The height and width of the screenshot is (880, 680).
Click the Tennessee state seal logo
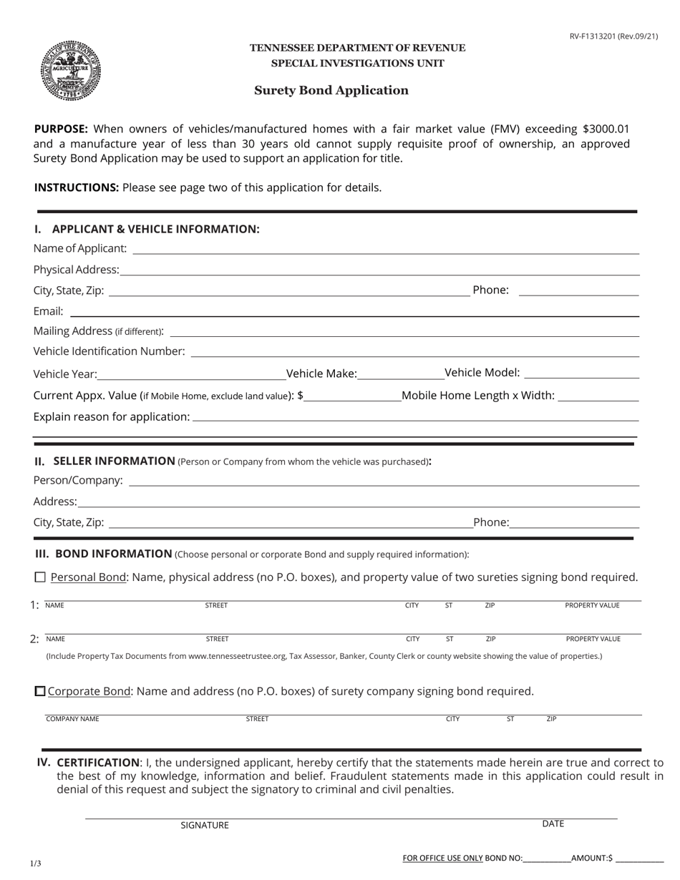[x=70, y=70]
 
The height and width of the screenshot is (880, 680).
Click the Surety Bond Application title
[x=331, y=90]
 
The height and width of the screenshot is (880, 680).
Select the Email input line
[x=354, y=311]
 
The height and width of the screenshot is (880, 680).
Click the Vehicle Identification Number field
[x=414, y=351]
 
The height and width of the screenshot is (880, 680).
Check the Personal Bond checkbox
[x=40, y=577]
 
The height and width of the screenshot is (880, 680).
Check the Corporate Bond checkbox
[x=40, y=691]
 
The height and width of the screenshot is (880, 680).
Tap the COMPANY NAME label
[x=72, y=719]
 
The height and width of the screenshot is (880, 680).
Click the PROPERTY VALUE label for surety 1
[x=592, y=605]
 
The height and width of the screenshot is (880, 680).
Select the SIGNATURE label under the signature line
[x=205, y=825]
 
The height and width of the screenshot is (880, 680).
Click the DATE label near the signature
[x=553, y=823]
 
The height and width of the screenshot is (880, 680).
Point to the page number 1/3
[x=36, y=864]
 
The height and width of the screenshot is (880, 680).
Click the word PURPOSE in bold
[x=61, y=129]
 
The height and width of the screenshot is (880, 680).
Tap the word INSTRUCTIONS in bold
[x=77, y=187]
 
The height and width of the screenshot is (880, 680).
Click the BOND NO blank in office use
[x=547, y=859]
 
